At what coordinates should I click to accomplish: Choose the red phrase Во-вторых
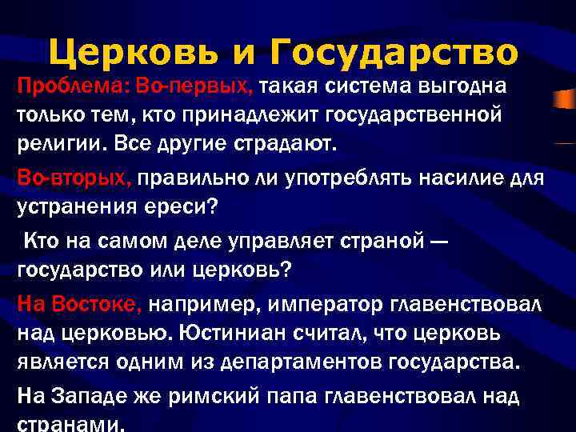(74, 178)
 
